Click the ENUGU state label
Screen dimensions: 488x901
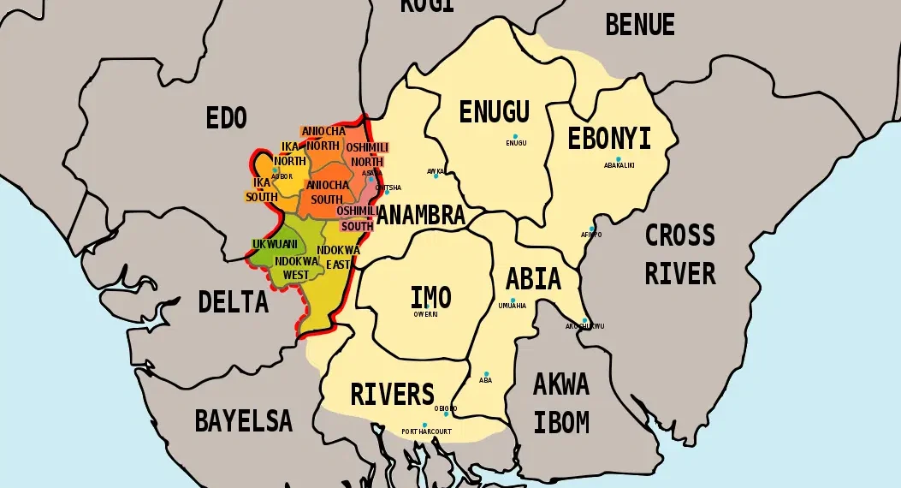(494, 112)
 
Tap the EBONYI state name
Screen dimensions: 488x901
(609, 139)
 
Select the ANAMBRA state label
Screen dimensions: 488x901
(421, 216)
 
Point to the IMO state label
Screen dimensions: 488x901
(430, 298)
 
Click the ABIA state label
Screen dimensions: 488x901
(533, 279)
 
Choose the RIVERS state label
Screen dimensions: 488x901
(393, 395)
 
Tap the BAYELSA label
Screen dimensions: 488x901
(243, 420)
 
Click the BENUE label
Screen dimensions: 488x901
(639, 26)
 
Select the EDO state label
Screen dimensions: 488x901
(226, 118)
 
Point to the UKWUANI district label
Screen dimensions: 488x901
(275, 245)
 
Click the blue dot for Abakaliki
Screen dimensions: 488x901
(619, 159)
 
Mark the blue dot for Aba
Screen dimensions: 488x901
(486, 374)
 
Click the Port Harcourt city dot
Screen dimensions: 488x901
(424, 425)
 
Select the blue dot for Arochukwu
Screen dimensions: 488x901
(585, 321)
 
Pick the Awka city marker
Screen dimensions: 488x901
(436, 176)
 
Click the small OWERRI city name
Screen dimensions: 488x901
(425, 314)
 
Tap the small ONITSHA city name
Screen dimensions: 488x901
(388, 188)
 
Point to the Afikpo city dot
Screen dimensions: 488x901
(592, 229)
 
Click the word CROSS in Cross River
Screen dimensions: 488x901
(679, 235)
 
